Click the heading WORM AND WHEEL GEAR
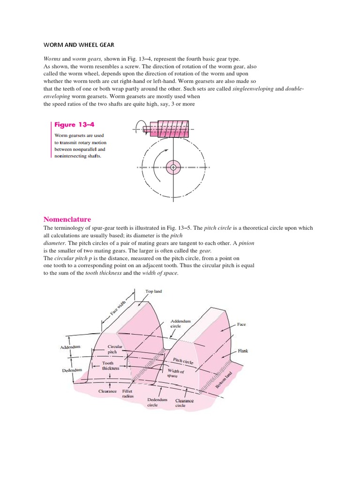[x=79, y=45]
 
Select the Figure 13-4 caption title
[x=71, y=125]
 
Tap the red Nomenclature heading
[x=67, y=219]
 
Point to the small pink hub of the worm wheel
[x=173, y=167]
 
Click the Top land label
[x=154, y=291]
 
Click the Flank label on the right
[x=243, y=351]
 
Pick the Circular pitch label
[x=115, y=349]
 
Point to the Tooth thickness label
[x=111, y=366]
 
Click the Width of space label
[x=176, y=373]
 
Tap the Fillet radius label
[x=127, y=393]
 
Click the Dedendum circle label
[x=157, y=402]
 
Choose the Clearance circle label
[x=184, y=403]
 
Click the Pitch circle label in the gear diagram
[x=183, y=361]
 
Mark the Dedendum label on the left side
[x=72, y=370]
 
